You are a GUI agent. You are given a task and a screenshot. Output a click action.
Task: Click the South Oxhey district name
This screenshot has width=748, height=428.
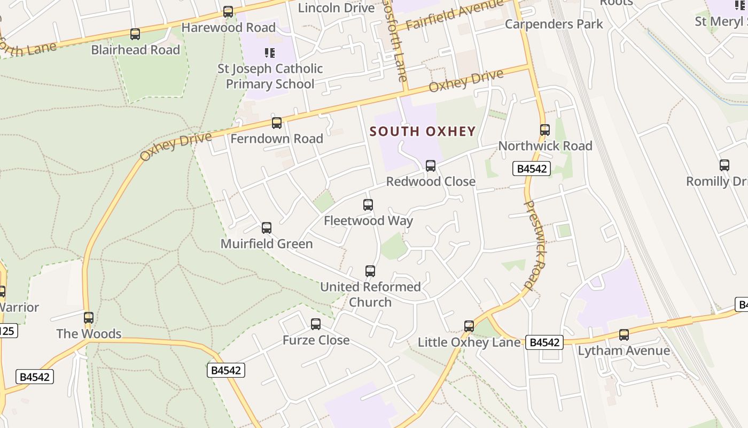[x=422, y=132]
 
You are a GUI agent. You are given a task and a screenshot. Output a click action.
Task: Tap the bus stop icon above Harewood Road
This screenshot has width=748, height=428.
[x=228, y=12]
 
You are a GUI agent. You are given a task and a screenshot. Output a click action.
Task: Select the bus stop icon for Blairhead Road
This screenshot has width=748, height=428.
[x=135, y=34]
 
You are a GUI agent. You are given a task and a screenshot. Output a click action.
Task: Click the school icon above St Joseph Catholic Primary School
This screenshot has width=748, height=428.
[x=270, y=53]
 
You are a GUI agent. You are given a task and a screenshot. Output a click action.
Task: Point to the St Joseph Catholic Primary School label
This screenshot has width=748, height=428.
[x=270, y=76]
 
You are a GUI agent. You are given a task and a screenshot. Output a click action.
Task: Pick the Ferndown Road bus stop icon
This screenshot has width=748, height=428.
[x=277, y=123]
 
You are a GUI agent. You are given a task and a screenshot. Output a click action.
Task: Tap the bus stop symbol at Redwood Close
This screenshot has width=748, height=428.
[x=431, y=166]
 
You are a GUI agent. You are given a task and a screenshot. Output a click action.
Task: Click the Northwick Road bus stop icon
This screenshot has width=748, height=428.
[x=545, y=130]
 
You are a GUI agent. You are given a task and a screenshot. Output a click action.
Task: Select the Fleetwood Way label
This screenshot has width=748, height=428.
[x=368, y=220]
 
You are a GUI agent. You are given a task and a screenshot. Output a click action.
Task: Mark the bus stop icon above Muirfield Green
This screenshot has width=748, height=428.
[x=267, y=228]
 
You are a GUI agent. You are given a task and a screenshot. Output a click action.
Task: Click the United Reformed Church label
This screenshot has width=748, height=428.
[x=370, y=294]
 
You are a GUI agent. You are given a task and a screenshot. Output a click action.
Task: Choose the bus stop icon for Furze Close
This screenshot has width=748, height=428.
[x=316, y=324]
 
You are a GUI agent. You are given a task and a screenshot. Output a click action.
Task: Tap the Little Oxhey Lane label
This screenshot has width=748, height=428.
[x=469, y=342]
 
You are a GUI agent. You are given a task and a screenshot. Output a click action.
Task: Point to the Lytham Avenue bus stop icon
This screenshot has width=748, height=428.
[x=624, y=335]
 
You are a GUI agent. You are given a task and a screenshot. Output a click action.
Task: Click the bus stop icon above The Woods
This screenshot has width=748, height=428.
[x=89, y=318]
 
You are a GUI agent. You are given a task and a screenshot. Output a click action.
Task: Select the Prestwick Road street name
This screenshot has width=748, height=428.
[x=535, y=245]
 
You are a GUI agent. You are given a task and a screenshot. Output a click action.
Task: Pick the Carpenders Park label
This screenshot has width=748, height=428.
[x=554, y=24]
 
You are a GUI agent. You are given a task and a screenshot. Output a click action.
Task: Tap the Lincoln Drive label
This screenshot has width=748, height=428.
[x=336, y=7]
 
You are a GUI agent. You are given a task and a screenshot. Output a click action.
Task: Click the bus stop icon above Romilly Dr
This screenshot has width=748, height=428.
[x=724, y=165]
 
